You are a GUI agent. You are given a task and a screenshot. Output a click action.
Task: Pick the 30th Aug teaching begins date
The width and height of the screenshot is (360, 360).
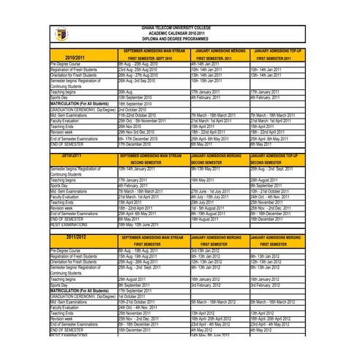pyautogui.click(x=125, y=91)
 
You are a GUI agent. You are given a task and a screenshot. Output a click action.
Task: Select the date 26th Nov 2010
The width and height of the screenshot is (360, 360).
pyautogui.click(x=131, y=126)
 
